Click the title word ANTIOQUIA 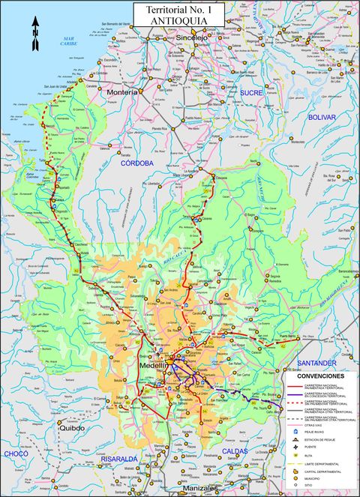click(x=176, y=21)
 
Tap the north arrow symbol click(x=35, y=35)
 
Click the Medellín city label click(x=154, y=366)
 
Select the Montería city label click(x=122, y=91)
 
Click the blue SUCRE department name click(x=251, y=92)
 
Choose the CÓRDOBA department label click(x=137, y=162)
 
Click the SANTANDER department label click(x=318, y=363)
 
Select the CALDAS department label click(x=238, y=451)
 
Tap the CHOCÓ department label click(x=16, y=454)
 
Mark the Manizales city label click(x=199, y=489)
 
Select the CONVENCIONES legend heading click(x=320, y=375)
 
